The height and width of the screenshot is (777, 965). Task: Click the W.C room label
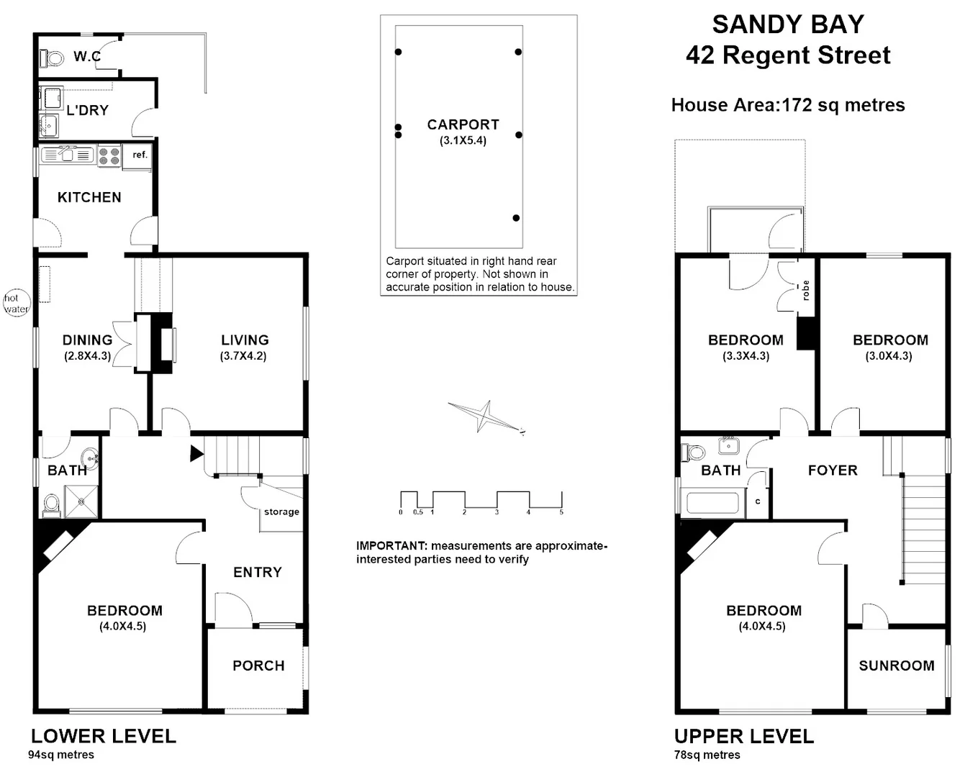86,56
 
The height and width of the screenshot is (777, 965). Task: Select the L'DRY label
87,110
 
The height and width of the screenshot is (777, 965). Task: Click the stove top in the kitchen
109,156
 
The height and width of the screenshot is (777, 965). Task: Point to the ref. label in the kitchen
140,155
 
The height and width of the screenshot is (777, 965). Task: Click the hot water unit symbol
16,304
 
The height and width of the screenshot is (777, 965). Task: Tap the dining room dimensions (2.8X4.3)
87,355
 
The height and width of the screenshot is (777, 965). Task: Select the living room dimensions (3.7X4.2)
244,355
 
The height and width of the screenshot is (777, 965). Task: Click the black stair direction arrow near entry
196,454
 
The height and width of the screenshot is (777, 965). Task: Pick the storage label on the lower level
281,512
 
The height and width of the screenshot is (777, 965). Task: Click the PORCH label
258,665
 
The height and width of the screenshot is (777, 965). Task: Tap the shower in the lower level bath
81,501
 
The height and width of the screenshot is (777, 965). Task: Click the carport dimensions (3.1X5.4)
463,140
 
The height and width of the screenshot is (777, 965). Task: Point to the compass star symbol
484,416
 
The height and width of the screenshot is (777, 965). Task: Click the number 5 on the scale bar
561,512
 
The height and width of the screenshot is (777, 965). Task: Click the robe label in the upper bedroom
806,290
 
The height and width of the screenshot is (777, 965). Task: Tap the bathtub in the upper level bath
712,503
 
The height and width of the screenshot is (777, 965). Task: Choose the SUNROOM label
897,665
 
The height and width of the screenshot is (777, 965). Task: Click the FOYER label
833,470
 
